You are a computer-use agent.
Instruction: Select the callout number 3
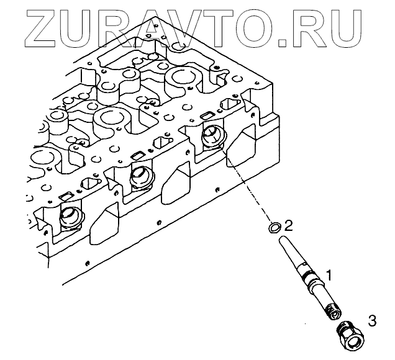coord(371,320)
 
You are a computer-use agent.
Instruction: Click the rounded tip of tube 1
coord(284,239)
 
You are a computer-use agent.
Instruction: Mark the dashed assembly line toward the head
coord(245,186)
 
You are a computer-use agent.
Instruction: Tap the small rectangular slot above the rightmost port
coord(207,115)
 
